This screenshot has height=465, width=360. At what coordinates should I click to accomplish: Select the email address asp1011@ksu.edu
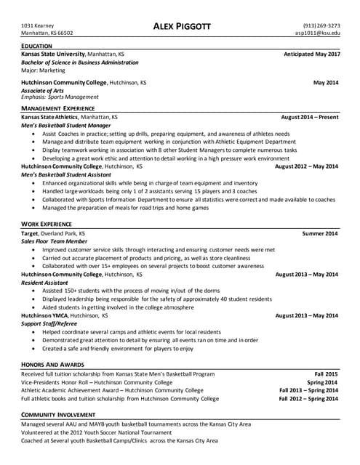(317, 33)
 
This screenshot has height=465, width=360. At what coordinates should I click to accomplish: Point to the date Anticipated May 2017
(311, 54)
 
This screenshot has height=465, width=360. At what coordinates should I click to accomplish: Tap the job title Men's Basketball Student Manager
(65, 125)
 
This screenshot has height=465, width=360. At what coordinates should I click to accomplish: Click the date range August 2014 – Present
(309, 117)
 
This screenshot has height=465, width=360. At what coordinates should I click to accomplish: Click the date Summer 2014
(320, 233)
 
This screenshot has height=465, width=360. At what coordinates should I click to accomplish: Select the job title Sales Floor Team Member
(55, 241)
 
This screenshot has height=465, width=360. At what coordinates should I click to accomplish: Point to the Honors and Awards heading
(52, 365)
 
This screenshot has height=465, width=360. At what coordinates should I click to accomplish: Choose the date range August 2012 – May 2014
(306, 166)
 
